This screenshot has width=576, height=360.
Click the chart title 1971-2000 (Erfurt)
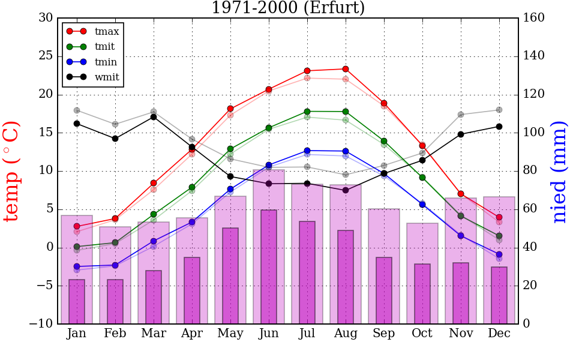(x=288, y=8)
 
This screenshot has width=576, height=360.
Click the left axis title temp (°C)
(x=12, y=171)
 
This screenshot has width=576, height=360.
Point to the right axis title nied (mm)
(x=559, y=171)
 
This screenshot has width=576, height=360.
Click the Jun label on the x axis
(x=269, y=334)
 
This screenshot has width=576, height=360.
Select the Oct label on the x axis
(x=422, y=334)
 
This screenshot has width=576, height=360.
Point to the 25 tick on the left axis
(x=46, y=56)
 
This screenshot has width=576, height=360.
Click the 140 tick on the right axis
(x=534, y=56)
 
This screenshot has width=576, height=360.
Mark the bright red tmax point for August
(x=346, y=69)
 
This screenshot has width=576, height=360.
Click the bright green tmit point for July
(x=307, y=112)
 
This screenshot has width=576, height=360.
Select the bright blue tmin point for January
(x=77, y=266)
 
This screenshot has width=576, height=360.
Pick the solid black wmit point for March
(x=154, y=116)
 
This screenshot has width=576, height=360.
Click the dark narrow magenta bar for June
(x=269, y=266)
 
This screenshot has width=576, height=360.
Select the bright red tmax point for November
(x=461, y=194)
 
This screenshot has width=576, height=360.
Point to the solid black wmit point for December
(x=499, y=127)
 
